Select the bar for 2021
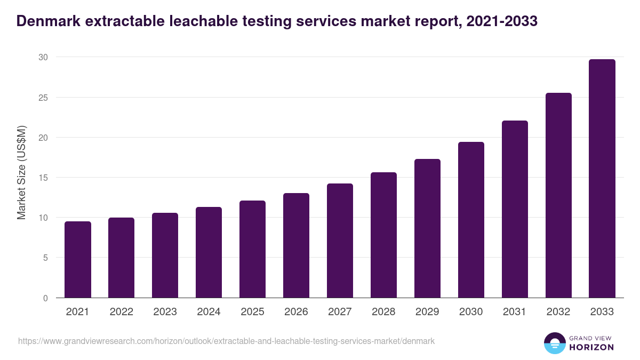coord(78,260)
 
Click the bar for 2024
coord(209,252)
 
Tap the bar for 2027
coord(340,241)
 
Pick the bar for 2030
coord(471,220)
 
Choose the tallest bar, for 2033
coord(602,179)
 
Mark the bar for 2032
coord(558,195)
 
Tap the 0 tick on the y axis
coord(45,298)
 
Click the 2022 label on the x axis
coord(121,312)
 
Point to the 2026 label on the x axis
coord(296,312)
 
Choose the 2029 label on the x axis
coord(427,312)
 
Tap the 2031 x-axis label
coord(515,312)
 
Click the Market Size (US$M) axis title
coord(21,172)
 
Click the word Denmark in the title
coord(47,21)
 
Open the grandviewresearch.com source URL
coord(227,341)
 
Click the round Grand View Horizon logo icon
coord(554,343)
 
